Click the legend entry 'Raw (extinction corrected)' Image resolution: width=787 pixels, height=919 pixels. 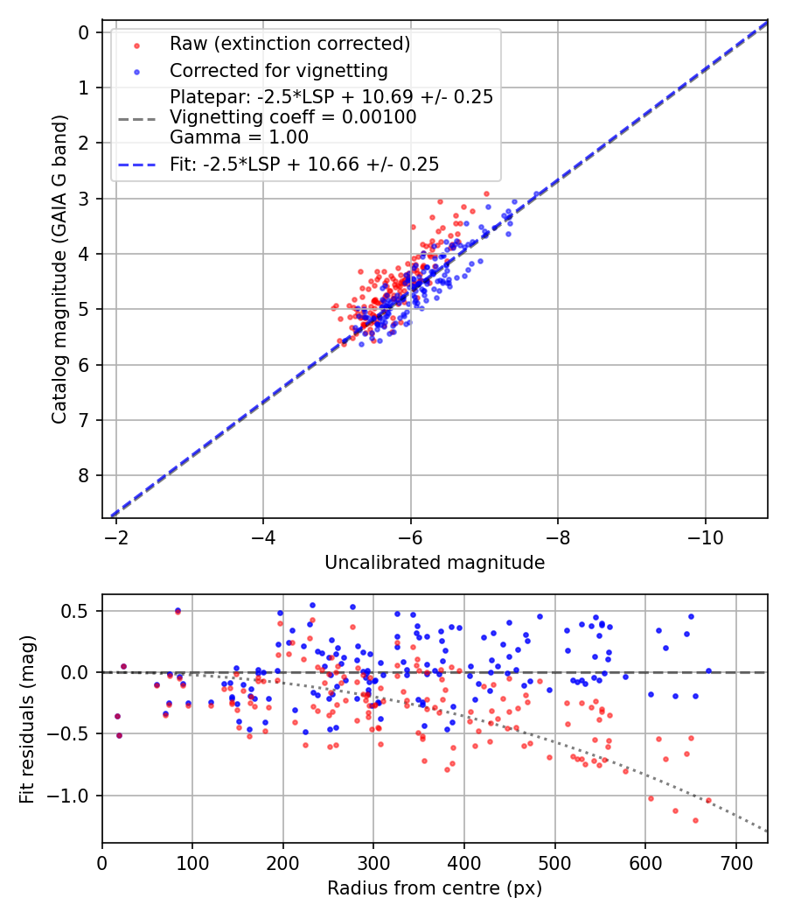(x=289, y=43)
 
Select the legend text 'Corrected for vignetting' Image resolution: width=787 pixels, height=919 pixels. (x=279, y=70)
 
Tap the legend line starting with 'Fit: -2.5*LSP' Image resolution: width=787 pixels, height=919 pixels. (x=304, y=164)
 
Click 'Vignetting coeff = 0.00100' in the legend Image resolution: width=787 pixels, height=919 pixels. (x=293, y=116)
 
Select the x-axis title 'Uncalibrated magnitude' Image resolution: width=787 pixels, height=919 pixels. (x=435, y=563)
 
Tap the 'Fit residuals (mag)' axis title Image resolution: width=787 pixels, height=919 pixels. (x=27, y=719)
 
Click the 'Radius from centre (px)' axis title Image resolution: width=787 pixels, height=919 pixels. (x=435, y=888)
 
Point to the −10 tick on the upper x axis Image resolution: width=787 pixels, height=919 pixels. (x=705, y=537)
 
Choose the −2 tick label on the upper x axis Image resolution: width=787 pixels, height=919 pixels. (x=116, y=537)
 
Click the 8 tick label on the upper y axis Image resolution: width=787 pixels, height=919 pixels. (x=84, y=475)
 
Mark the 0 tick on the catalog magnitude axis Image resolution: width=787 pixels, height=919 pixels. (x=84, y=32)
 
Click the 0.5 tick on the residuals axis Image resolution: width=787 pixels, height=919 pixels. (x=80, y=611)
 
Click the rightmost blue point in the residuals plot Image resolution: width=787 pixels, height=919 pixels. (x=708, y=671)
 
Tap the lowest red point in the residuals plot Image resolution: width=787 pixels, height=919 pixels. (x=695, y=820)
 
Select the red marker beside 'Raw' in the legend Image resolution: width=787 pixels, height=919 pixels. (x=136, y=44)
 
